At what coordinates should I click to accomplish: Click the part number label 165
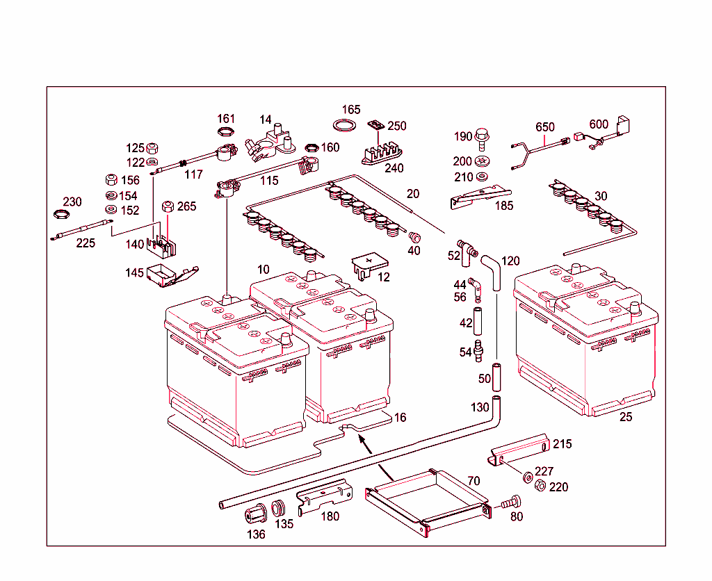coord(351,110)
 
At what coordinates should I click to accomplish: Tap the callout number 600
coord(599,124)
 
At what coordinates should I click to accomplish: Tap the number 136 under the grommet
coord(257,534)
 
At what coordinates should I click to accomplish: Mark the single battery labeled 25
coord(585,341)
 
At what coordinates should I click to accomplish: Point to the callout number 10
coord(263,269)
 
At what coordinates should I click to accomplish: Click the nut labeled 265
coord(168,207)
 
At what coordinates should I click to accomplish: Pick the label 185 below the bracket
coord(503,206)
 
